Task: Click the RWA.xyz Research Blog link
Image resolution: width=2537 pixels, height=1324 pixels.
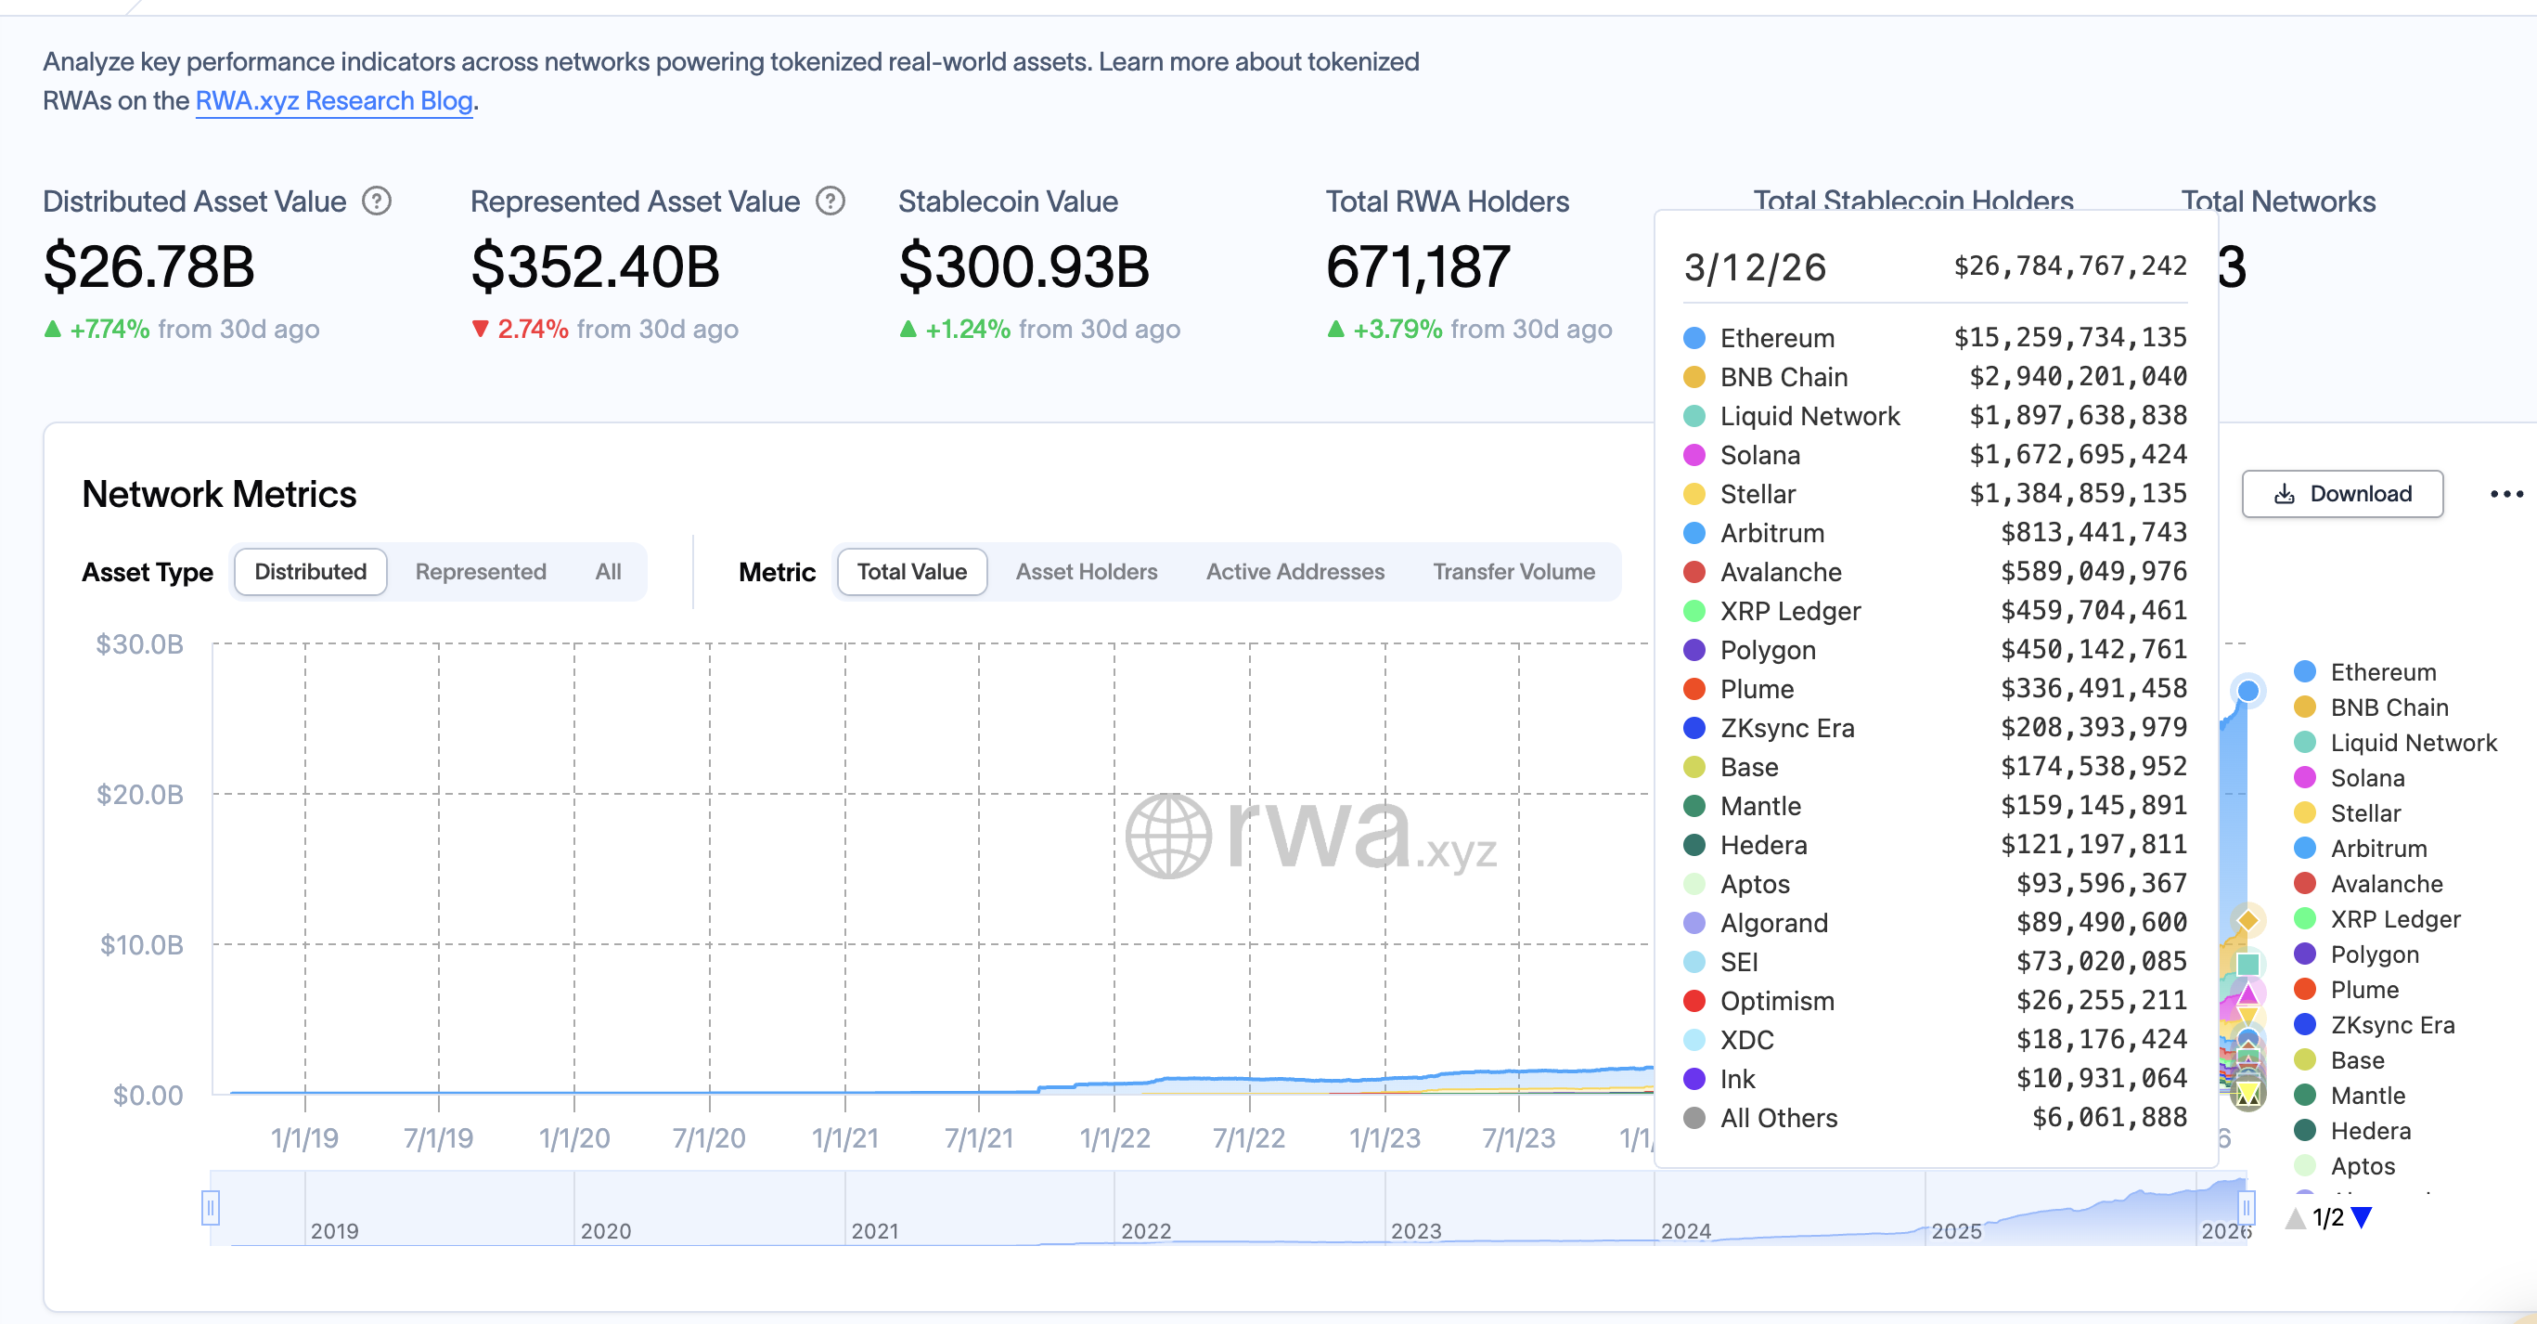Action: pos(334,101)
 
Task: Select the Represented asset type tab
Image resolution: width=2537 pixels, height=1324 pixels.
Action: pos(481,571)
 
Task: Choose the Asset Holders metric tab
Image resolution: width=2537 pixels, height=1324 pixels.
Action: pos(1087,571)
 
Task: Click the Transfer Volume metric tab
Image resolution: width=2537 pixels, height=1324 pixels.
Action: pos(1513,571)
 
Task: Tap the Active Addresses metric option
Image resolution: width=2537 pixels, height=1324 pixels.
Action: pos(1294,571)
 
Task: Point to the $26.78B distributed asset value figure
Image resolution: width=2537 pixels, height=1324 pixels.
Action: pos(149,267)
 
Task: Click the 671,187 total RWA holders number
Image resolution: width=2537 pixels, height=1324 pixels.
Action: pos(1417,267)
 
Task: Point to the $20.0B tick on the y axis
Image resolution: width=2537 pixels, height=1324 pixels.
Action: pos(140,794)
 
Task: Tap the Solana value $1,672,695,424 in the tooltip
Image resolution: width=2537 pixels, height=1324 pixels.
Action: pos(2077,454)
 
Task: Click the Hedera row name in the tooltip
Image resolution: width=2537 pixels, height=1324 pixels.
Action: pos(1763,845)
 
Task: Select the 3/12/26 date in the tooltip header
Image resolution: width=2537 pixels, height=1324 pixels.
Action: pos(1754,267)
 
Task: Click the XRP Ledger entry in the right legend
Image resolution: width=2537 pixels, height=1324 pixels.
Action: pos(2394,919)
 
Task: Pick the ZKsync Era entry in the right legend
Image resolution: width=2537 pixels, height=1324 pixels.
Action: pos(2391,1026)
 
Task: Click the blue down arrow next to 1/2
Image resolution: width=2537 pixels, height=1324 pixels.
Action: pos(2362,1217)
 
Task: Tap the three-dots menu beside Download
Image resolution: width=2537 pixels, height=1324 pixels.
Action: pos(2505,494)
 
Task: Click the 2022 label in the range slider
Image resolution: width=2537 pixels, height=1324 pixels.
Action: pos(1145,1230)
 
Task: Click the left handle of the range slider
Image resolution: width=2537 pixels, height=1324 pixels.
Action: pos(210,1207)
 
